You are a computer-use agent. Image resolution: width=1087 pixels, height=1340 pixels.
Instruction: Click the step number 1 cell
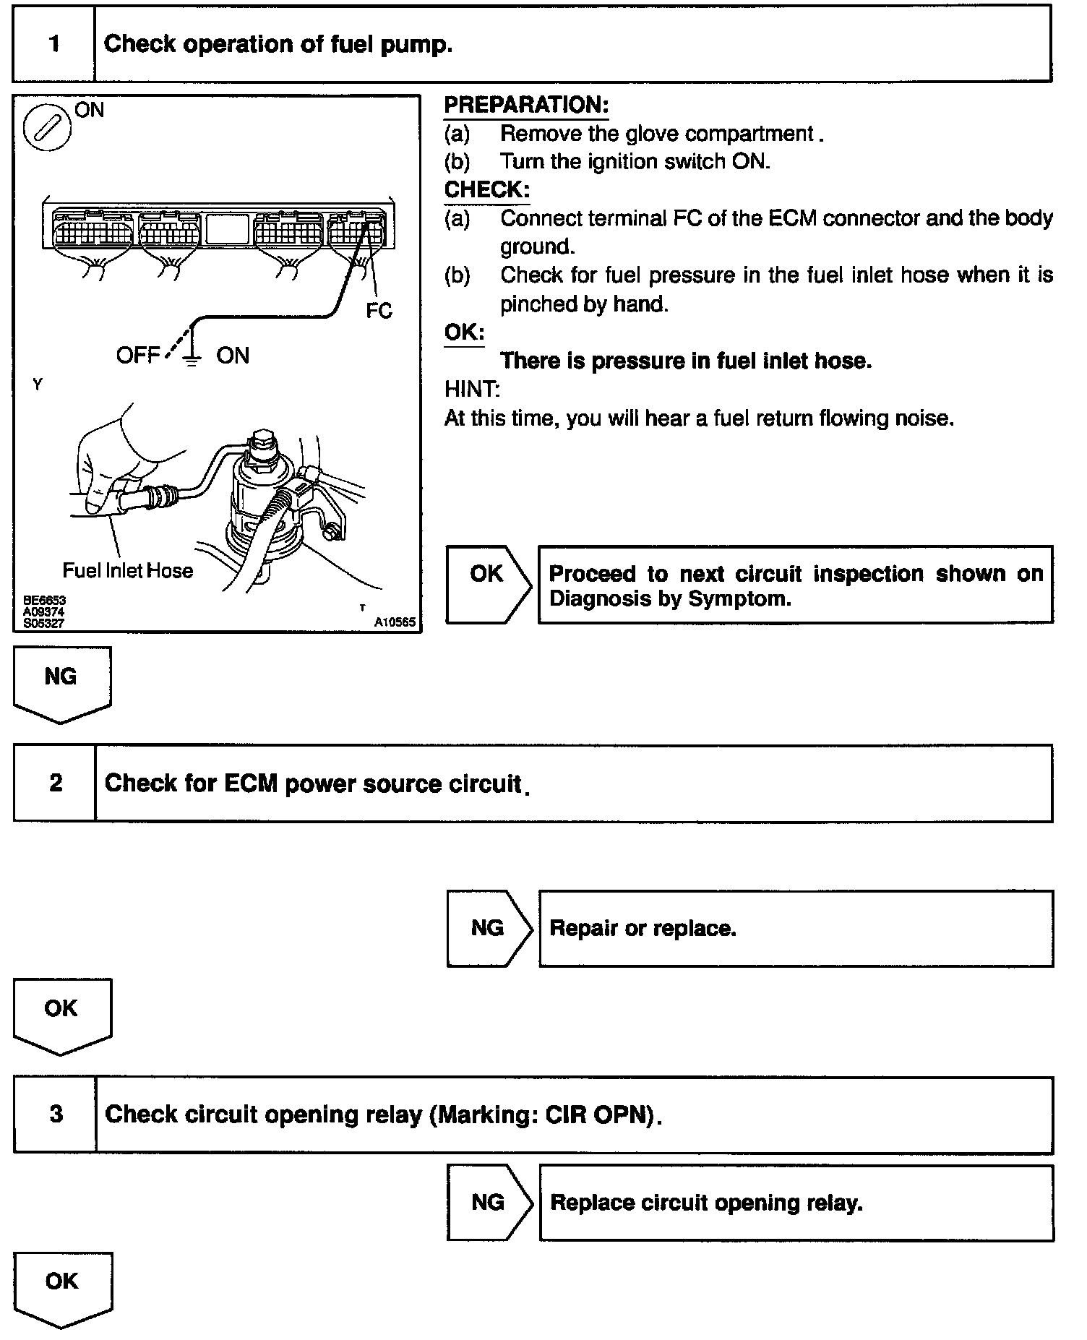(x=54, y=44)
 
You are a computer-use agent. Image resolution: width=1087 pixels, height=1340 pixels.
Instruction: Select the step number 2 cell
(x=55, y=783)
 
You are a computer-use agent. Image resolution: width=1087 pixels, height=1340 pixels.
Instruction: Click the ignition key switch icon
(x=47, y=129)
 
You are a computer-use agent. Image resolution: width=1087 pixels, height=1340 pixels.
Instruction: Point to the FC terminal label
(x=379, y=311)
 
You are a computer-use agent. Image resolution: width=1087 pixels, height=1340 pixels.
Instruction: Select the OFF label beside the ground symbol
(x=137, y=356)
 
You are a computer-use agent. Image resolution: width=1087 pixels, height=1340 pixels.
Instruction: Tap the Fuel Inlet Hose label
(x=128, y=571)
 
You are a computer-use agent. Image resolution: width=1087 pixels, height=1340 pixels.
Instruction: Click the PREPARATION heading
(x=526, y=106)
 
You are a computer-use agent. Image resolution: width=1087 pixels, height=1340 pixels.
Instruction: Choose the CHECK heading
(x=486, y=190)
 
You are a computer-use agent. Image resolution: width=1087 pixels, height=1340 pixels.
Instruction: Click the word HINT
(x=472, y=390)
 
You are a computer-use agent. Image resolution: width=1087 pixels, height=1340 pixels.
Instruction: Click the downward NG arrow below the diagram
(x=61, y=682)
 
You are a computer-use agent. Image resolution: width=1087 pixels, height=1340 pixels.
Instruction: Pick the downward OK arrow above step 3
(x=61, y=1014)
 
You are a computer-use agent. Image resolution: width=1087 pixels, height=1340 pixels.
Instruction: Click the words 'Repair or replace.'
(x=643, y=928)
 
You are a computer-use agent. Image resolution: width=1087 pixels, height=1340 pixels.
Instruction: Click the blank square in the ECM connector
(x=228, y=228)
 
